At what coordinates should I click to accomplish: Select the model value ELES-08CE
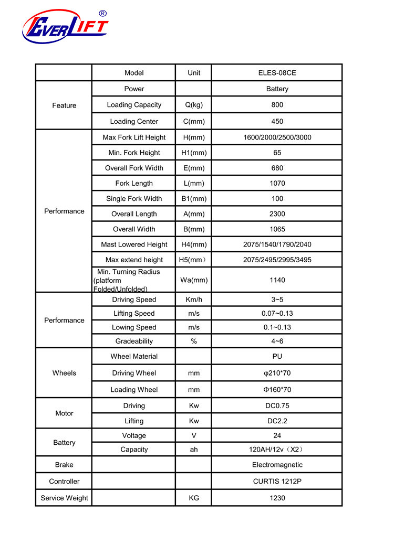coord(277,73)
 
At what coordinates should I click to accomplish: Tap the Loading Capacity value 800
coord(277,105)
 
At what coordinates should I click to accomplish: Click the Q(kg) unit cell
coord(194,105)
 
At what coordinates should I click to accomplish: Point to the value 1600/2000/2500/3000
coord(277,137)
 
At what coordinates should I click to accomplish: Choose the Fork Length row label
coord(134,183)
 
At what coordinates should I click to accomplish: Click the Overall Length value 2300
coord(277,214)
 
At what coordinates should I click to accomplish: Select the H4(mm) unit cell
coord(194,244)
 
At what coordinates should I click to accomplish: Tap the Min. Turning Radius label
coord(128,280)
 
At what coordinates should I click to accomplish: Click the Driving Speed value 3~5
coord(277,300)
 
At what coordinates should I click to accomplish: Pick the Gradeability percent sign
coord(194,341)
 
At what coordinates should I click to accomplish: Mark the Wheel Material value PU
coord(277,357)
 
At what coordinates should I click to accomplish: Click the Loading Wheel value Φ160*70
coord(277,390)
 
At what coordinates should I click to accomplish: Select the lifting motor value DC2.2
coord(277,421)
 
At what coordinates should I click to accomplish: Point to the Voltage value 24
coord(277,435)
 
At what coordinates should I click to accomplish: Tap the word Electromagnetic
coord(277,465)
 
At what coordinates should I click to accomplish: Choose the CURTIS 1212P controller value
coord(277,482)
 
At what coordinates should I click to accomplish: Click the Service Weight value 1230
coord(277,498)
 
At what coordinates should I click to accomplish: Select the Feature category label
coord(64,105)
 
